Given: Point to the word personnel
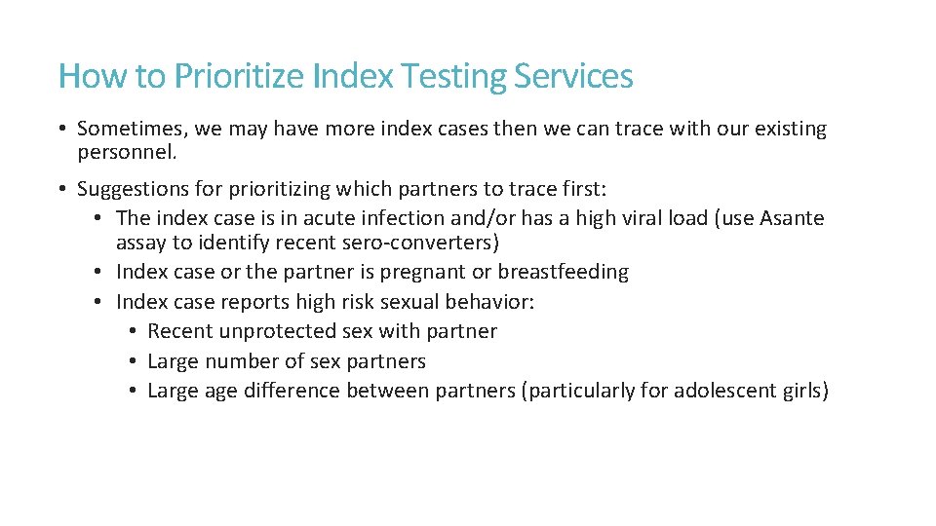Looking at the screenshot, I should click(126, 153).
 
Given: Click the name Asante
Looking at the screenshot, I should click(791, 218).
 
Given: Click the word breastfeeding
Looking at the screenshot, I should click(564, 272).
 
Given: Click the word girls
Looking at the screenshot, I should click(800, 392).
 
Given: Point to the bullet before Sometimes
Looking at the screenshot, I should click(61, 129).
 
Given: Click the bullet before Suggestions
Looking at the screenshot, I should click(61, 188).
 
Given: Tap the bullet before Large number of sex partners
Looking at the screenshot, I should click(132, 361).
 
